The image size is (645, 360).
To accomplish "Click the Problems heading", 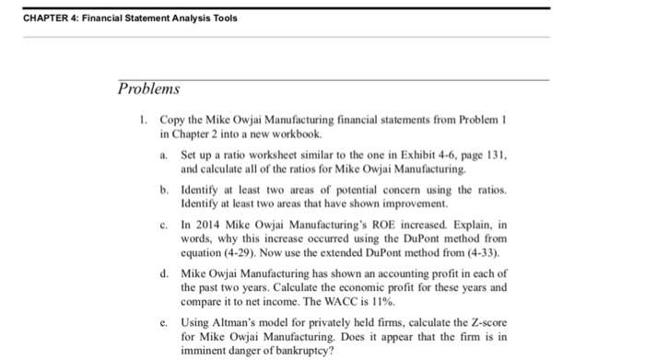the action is (149, 89).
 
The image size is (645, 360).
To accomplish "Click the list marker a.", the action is (163, 156).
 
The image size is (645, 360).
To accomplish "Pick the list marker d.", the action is (163, 273).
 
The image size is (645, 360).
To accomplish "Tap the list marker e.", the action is (163, 323).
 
